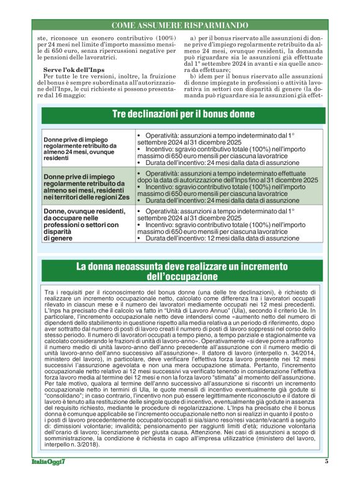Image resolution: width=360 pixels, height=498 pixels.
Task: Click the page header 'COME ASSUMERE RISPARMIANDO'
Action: pos(180,25)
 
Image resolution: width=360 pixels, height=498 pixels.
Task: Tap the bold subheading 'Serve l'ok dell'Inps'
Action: pos(70,70)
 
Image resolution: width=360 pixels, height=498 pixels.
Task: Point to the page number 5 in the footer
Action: pos(326,478)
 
